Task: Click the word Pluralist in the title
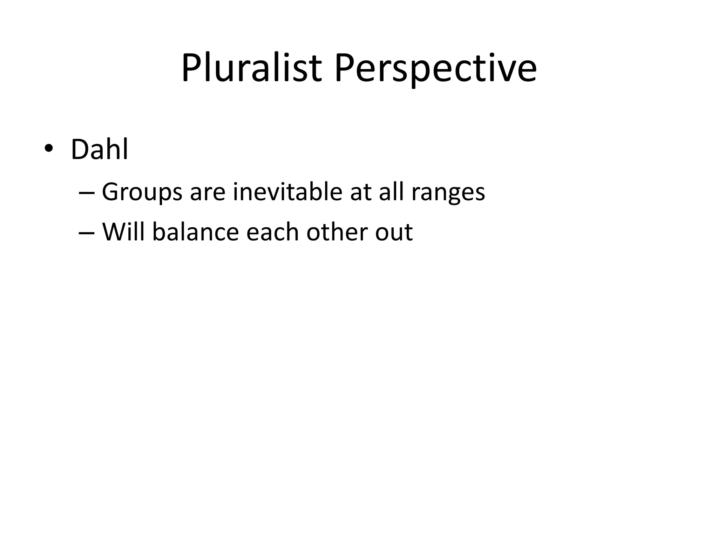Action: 251,68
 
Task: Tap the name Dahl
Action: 100,150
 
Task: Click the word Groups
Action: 142,192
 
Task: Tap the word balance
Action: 196,232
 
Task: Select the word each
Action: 272,232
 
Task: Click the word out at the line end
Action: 393,233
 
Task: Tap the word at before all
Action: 360,193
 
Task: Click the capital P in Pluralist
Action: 191,68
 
